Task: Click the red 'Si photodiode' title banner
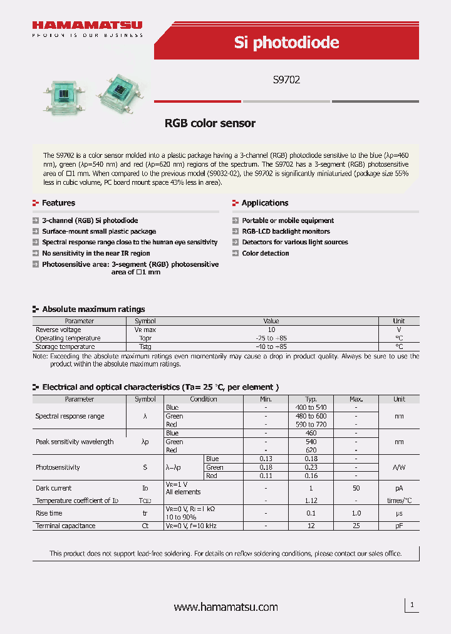[286, 42]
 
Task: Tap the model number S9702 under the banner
[286, 80]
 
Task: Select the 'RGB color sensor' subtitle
[210, 123]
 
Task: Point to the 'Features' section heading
[58, 203]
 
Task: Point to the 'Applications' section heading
[264, 203]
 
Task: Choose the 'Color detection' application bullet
[266, 253]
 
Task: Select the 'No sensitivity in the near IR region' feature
[96, 253]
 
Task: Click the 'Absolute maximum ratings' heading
[93, 309]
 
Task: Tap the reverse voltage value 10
[271, 330]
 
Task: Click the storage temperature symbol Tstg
[145, 346]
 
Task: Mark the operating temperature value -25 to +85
[271, 338]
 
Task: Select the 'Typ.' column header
[311, 399]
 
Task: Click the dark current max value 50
[356, 488]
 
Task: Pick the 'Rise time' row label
[49, 513]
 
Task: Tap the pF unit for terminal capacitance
[399, 526]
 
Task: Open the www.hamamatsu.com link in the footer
[225, 607]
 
